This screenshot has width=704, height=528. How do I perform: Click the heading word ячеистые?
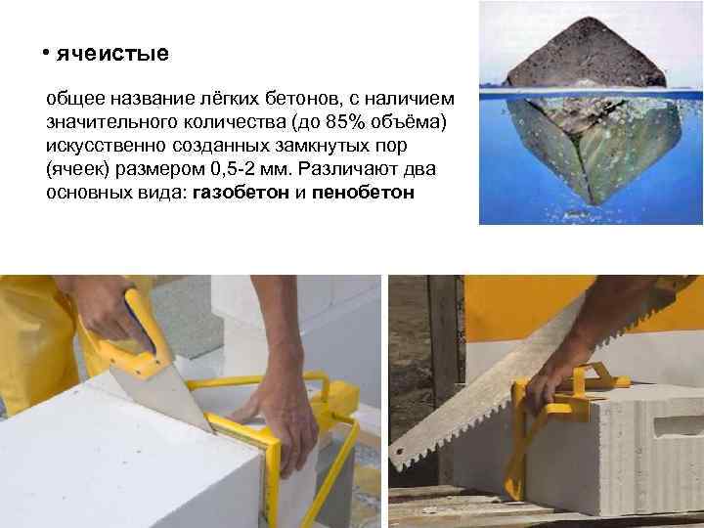point(112,54)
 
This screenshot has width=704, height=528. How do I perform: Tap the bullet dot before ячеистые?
point(45,53)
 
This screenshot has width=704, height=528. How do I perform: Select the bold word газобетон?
point(241,193)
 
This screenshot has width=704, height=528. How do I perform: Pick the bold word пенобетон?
point(363,193)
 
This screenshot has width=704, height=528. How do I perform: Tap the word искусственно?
point(106,146)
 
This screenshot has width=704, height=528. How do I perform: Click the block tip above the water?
point(590,19)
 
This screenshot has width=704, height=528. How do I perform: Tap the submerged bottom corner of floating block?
point(595,203)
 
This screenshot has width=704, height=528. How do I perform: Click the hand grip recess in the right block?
point(679,425)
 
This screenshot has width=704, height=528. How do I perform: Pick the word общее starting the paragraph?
point(75,99)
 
